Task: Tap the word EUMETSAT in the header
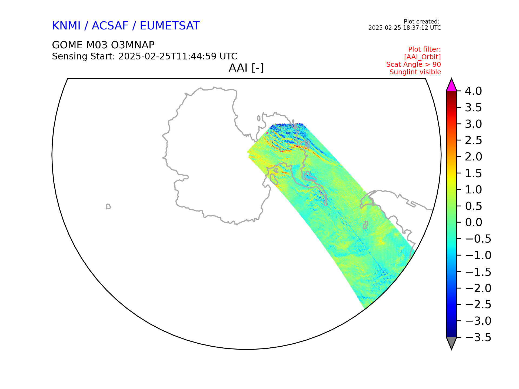pyautogui.click(x=170, y=26)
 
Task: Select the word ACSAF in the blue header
pyautogui.click(x=110, y=26)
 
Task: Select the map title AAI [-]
pyautogui.click(x=246, y=68)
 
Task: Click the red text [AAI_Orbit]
pyautogui.click(x=422, y=57)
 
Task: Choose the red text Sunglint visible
pyautogui.click(x=415, y=72)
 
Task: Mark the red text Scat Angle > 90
pyautogui.click(x=414, y=65)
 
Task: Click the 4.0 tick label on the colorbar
pyautogui.click(x=473, y=91)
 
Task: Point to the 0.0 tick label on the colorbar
pyautogui.click(x=474, y=222)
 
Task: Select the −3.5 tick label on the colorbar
pyautogui.click(x=478, y=337)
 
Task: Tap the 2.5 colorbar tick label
pyautogui.click(x=474, y=140)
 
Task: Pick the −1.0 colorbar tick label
pyautogui.click(x=478, y=255)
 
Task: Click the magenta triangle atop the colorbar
pyautogui.click(x=451, y=86)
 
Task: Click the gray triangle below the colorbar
pyautogui.click(x=451, y=342)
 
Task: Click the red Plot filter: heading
pyautogui.click(x=424, y=49)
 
